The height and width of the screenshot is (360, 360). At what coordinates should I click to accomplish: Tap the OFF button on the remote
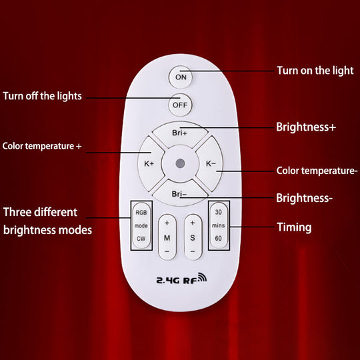pos(179,105)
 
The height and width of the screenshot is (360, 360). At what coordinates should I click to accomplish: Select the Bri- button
pos(179,193)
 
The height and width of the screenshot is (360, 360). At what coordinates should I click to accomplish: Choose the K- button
pos(210,163)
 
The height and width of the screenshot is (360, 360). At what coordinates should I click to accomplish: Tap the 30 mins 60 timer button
pos(219,226)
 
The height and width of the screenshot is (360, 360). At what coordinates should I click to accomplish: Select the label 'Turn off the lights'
pos(42,96)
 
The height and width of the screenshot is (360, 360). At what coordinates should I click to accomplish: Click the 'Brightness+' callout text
pos(306,125)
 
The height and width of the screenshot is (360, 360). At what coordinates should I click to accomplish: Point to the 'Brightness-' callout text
pos(305,198)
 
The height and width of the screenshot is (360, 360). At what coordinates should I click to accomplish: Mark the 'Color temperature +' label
pos(42,145)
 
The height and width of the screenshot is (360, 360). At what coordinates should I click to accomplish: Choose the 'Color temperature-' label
pos(317,171)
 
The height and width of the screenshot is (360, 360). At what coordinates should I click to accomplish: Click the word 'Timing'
pos(294,227)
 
